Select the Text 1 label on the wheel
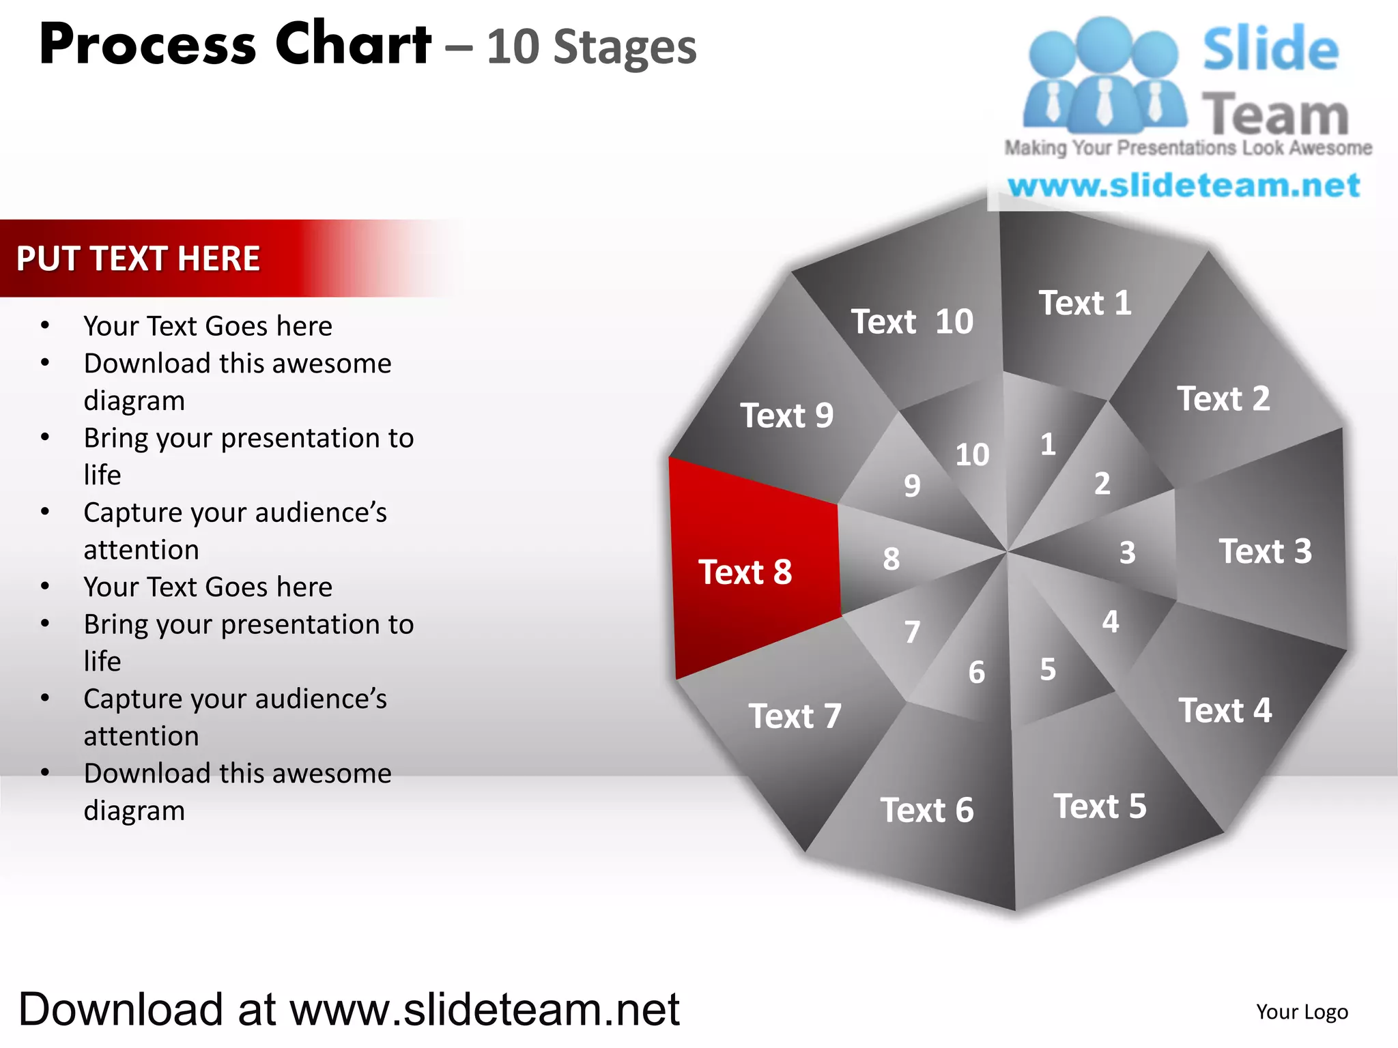1085,303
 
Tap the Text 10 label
912,321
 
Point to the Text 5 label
1100,806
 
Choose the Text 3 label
1265,551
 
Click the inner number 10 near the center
972,455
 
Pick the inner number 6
977,673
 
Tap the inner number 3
1127,553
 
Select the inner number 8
891,559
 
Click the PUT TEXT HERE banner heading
138,259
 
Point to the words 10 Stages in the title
591,48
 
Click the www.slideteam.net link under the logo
1184,186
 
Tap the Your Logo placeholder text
1302,1012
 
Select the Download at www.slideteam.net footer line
349,1010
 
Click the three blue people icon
1104,75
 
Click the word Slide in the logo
1270,49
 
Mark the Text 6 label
926,811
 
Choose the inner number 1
1048,445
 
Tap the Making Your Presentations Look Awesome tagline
1188,148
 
